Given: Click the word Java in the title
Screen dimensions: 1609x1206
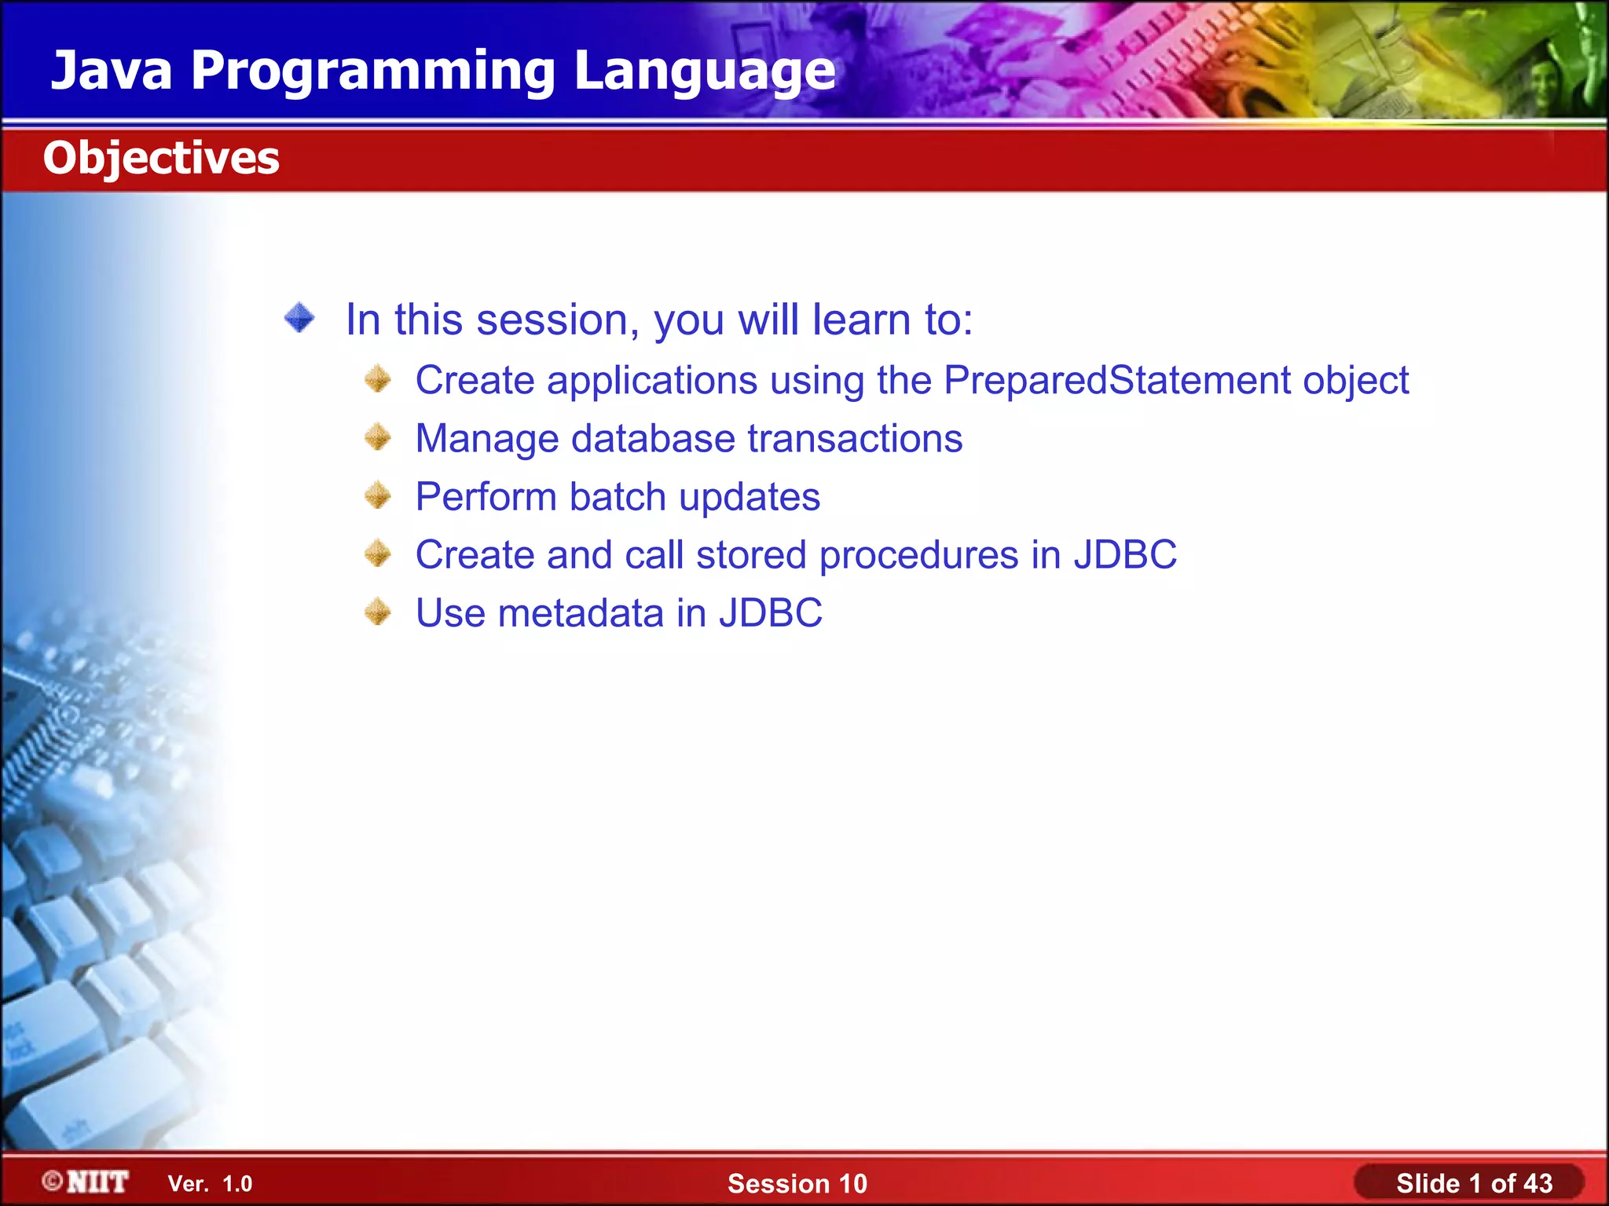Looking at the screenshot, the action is [x=112, y=70].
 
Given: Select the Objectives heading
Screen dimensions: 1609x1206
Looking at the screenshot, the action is [x=161, y=159].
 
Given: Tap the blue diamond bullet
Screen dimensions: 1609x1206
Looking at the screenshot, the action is [x=299, y=318].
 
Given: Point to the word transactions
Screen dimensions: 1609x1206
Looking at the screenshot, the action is [x=855, y=438].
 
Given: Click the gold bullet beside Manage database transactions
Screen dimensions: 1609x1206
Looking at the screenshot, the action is [x=378, y=437].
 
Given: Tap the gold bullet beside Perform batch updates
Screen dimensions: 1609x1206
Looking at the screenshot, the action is [x=378, y=495].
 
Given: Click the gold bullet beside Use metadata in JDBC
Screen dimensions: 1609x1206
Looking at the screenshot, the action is [x=378, y=612].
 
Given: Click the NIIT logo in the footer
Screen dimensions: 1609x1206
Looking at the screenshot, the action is [x=86, y=1182].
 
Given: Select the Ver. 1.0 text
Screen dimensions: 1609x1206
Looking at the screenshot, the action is [x=210, y=1184].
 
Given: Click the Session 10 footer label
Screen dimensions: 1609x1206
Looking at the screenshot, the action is [x=797, y=1183].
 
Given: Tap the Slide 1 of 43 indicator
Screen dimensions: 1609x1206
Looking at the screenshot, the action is [x=1474, y=1183].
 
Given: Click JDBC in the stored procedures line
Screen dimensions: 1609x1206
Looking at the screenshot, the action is [x=1125, y=555].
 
